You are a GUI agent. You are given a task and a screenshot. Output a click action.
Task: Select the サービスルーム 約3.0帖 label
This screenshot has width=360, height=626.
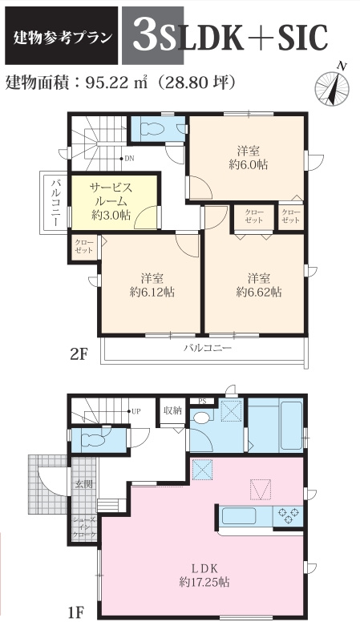pyautogui.click(x=111, y=200)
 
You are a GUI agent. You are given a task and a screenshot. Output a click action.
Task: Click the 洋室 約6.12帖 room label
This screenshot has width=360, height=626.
pyautogui.click(x=152, y=285)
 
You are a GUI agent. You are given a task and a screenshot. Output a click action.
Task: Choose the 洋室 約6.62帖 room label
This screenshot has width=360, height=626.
pyautogui.click(x=258, y=285)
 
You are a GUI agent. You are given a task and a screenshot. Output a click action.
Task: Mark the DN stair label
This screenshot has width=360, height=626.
pyautogui.click(x=128, y=158)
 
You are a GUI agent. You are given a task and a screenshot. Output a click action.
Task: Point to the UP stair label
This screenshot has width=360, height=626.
pyautogui.click(x=136, y=412)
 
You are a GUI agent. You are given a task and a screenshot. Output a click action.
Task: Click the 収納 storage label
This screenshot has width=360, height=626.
pyautogui.click(x=172, y=411)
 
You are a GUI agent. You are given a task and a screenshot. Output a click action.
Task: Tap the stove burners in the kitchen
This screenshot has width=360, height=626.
pyautogui.click(x=286, y=515)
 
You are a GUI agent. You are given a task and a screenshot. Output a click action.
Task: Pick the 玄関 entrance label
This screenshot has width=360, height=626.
pyautogui.click(x=83, y=484)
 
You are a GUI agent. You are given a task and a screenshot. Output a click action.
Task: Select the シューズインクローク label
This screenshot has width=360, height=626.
pyautogui.click(x=83, y=527)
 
